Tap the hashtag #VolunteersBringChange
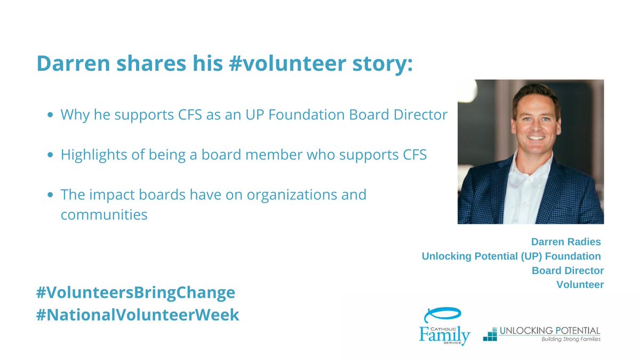[x=135, y=293]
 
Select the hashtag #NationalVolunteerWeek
[x=138, y=315]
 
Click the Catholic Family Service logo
[x=444, y=326]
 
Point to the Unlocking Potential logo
[x=542, y=334]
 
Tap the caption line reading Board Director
[x=567, y=270]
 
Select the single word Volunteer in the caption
[x=580, y=285]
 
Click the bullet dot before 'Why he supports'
[x=50, y=115]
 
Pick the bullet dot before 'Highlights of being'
[x=50, y=155]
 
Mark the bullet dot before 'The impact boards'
[x=50, y=195]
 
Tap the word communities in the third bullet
[x=103, y=215]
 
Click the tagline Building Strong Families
[x=571, y=339]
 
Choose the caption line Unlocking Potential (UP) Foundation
[x=512, y=257]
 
